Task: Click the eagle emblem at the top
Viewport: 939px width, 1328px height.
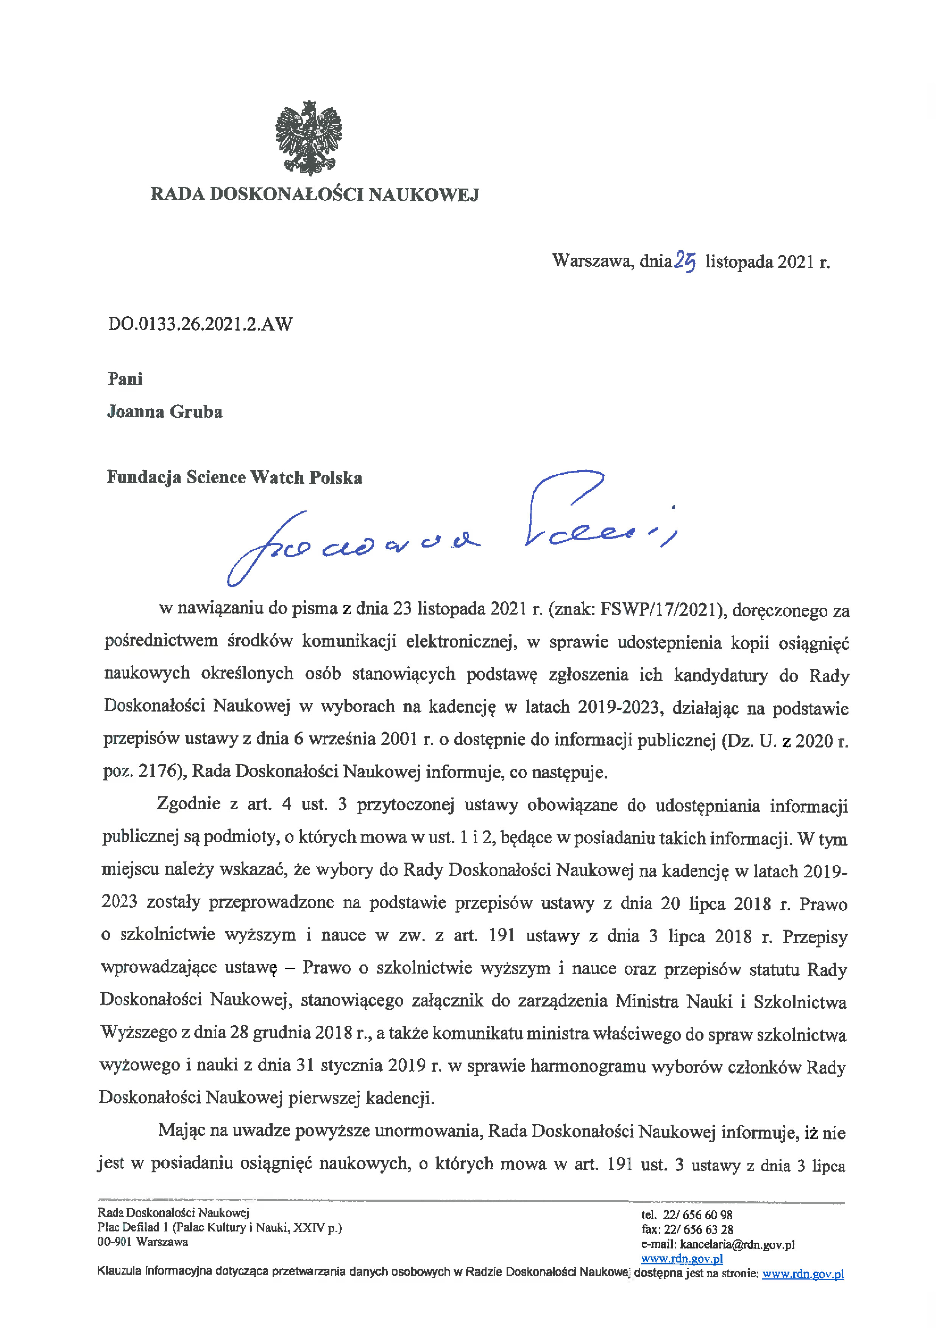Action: point(308,138)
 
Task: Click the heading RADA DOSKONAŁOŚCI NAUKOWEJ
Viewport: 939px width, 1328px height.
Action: point(315,194)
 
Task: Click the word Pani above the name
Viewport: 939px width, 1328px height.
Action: point(125,379)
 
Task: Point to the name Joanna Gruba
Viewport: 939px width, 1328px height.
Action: point(165,412)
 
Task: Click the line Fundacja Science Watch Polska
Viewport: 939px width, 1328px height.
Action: point(235,478)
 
